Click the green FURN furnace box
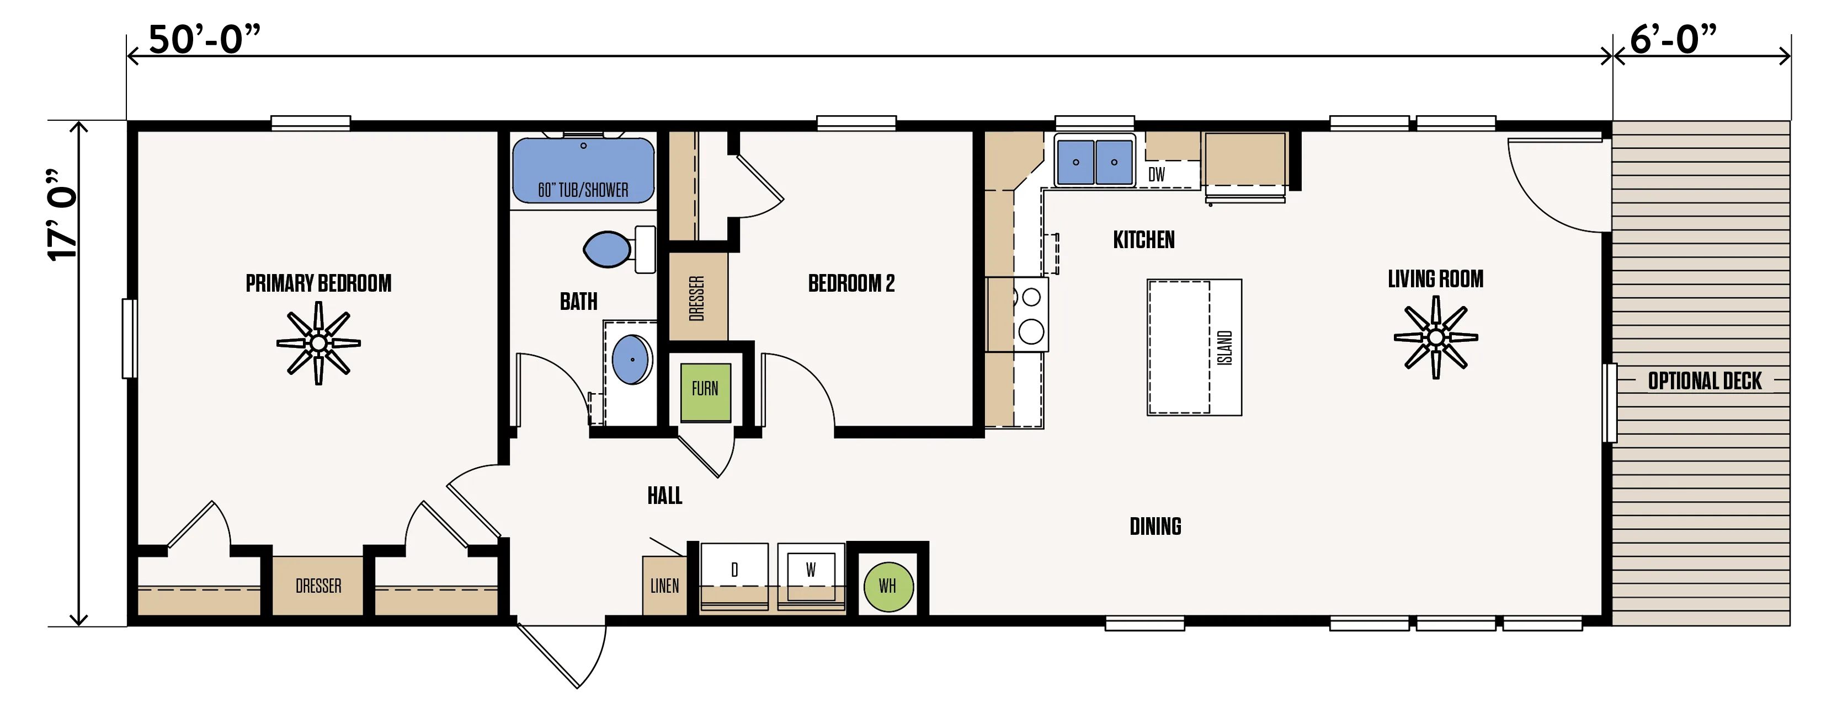click(705, 393)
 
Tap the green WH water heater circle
click(888, 587)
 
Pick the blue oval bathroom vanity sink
click(632, 359)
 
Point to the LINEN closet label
click(664, 586)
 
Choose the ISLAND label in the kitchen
click(1225, 347)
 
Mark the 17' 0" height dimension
click(62, 216)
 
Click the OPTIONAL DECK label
click(1705, 381)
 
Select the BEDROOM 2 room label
click(851, 283)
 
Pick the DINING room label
click(1155, 527)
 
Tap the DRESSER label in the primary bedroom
click(318, 586)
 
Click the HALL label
click(664, 495)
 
